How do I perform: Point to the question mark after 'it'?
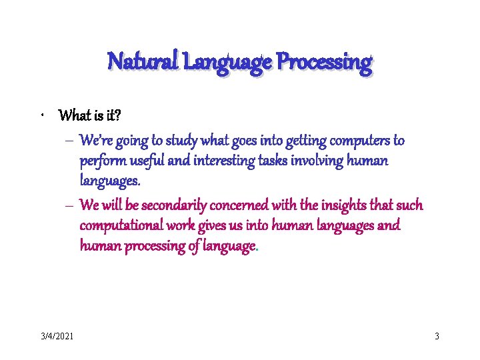point(117,116)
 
